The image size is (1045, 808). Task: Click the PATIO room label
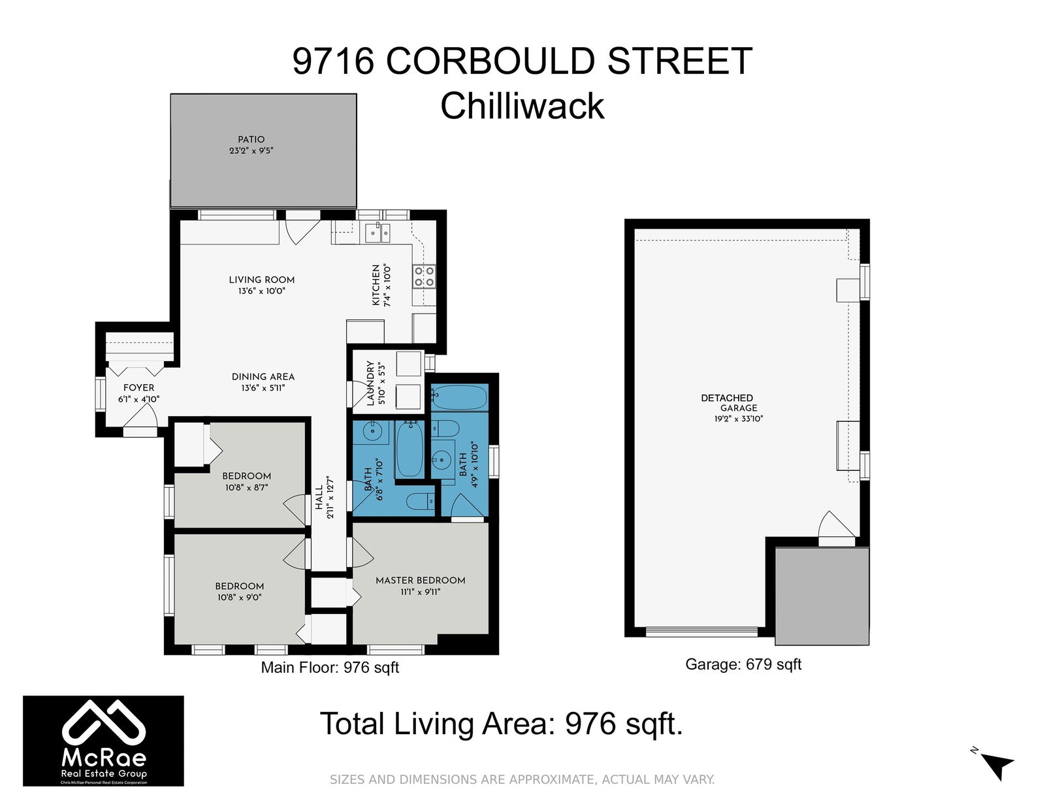(x=251, y=140)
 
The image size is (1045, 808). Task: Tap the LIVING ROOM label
(x=262, y=280)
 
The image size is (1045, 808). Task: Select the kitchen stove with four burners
(x=424, y=276)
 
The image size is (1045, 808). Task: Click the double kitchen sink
(x=378, y=233)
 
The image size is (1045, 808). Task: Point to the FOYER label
(x=139, y=387)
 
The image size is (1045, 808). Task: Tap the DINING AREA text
(x=263, y=377)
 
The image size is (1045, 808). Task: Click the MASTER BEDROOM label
(x=421, y=581)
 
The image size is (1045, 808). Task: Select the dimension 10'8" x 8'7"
(x=246, y=487)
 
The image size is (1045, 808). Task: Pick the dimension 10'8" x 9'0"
(x=240, y=597)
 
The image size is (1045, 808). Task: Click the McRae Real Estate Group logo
(x=103, y=741)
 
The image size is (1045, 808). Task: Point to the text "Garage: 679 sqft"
(x=743, y=664)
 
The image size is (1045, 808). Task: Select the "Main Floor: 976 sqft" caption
(x=330, y=668)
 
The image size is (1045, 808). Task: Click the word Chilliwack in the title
(x=522, y=106)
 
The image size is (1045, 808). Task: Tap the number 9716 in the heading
(x=333, y=61)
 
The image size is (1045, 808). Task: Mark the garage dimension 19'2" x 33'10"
(x=739, y=419)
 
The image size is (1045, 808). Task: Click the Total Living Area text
(x=501, y=723)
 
